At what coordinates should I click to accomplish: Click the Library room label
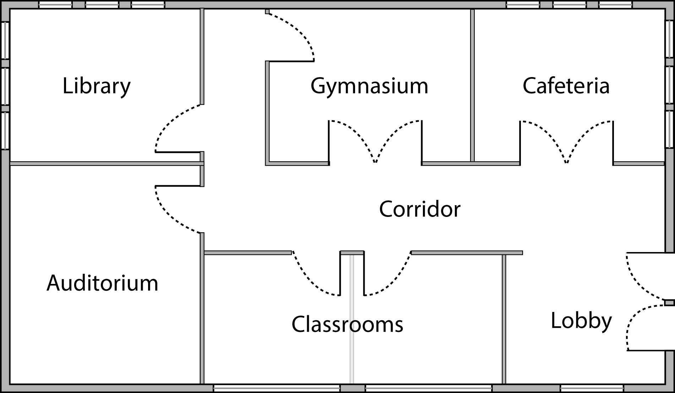(97, 86)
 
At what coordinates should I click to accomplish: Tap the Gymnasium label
(369, 86)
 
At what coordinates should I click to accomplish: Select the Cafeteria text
(566, 86)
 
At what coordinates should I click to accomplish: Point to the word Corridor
(420, 209)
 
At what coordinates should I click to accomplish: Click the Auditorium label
(102, 283)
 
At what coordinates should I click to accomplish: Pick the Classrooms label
(347, 324)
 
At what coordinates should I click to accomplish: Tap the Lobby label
(581, 321)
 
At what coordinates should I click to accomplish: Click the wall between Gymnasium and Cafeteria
(472, 85)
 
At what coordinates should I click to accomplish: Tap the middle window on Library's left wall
(5, 86)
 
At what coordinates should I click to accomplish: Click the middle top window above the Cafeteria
(570, 5)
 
